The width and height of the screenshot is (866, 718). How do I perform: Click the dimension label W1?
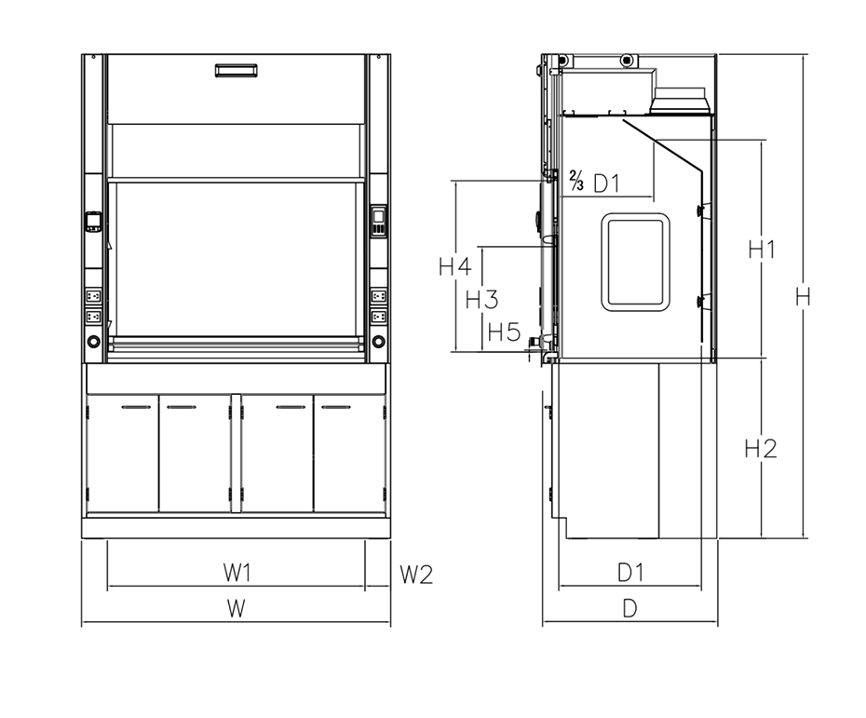pyautogui.click(x=237, y=572)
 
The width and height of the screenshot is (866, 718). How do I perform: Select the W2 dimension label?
pyautogui.click(x=416, y=574)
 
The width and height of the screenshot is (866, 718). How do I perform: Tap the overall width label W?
pyautogui.click(x=237, y=609)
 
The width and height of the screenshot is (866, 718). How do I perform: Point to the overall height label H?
pyautogui.click(x=802, y=297)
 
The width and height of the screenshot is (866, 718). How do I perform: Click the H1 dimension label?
pyautogui.click(x=763, y=249)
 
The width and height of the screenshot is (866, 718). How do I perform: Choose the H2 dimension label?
pyautogui.click(x=761, y=449)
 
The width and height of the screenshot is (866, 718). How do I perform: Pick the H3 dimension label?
pyautogui.click(x=481, y=300)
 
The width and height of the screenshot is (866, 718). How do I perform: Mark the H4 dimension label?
pyautogui.click(x=455, y=267)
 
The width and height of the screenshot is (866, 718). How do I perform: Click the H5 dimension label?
pyautogui.click(x=504, y=332)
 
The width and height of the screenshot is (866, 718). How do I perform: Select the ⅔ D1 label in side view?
pyautogui.click(x=594, y=183)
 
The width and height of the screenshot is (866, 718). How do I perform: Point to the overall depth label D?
pyautogui.click(x=629, y=609)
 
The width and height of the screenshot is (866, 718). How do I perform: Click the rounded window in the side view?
pyautogui.click(x=635, y=263)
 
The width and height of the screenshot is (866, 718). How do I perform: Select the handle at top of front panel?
pyautogui.click(x=237, y=70)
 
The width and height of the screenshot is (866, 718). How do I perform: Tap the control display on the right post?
pyautogui.click(x=378, y=222)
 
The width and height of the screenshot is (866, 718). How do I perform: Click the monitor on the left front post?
pyautogui.click(x=94, y=222)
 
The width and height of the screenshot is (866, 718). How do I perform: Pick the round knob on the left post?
pyautogui.click(x=94, y=342)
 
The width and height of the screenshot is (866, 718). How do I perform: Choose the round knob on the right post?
pyautogui.click(x=378, y=342)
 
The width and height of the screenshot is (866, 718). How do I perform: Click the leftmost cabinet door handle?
pyautogui.click(x=136, y=407)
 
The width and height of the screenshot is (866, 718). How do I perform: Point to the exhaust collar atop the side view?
pyautogui.click(x=682, y=96)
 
